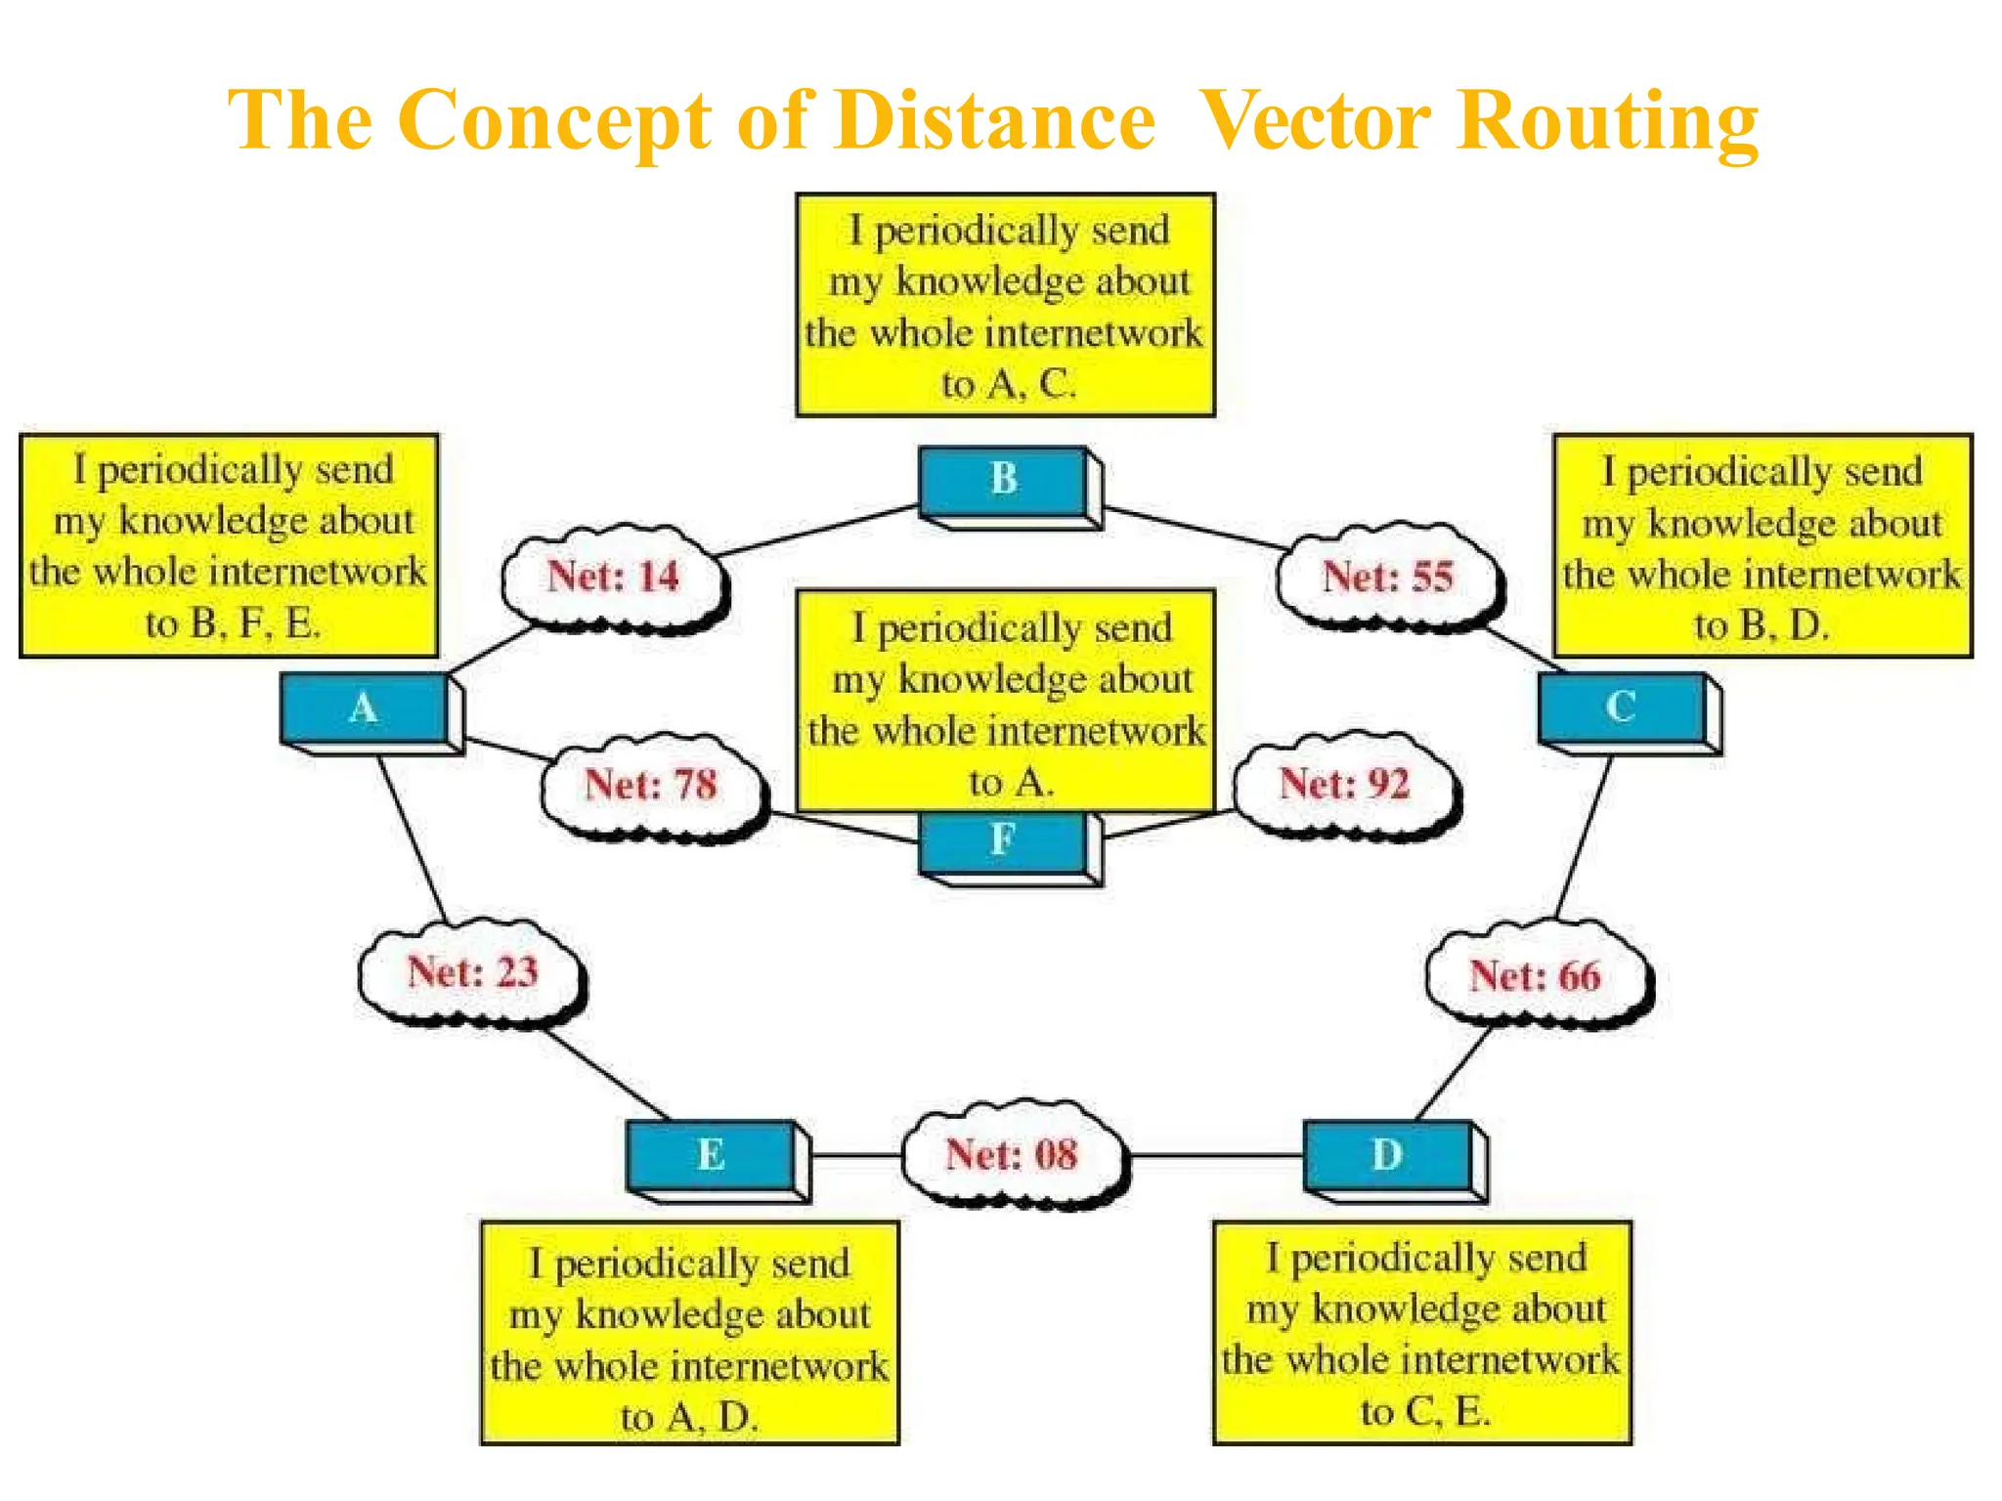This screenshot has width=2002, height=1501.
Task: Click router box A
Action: point(365,708)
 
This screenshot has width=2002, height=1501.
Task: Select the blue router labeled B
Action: point(1004,480)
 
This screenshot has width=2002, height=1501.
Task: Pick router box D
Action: point(1388,1155)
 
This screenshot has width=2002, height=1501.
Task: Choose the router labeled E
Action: point(711,1155)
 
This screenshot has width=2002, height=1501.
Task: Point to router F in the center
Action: point(1004,842)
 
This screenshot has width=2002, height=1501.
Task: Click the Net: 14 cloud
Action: point(613,577)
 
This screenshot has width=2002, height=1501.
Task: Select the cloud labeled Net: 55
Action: point(1388,577)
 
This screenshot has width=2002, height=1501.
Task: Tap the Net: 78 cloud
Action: point(651,785)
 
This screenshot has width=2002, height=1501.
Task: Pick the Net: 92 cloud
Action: point(1345,784)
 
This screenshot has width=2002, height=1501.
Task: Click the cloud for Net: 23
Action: point(472,972)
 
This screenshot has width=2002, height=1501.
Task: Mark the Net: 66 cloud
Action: point(1536,976)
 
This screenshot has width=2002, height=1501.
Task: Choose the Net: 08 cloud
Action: point(1012,1155)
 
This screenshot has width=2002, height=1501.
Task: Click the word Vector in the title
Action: point(1314,121)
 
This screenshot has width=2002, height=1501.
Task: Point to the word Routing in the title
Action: point(1607,123)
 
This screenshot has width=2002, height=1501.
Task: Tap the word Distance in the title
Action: point(995,121)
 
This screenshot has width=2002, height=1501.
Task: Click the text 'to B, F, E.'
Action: point(233,623)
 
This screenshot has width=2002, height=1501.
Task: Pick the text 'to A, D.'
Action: point(689,1417)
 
